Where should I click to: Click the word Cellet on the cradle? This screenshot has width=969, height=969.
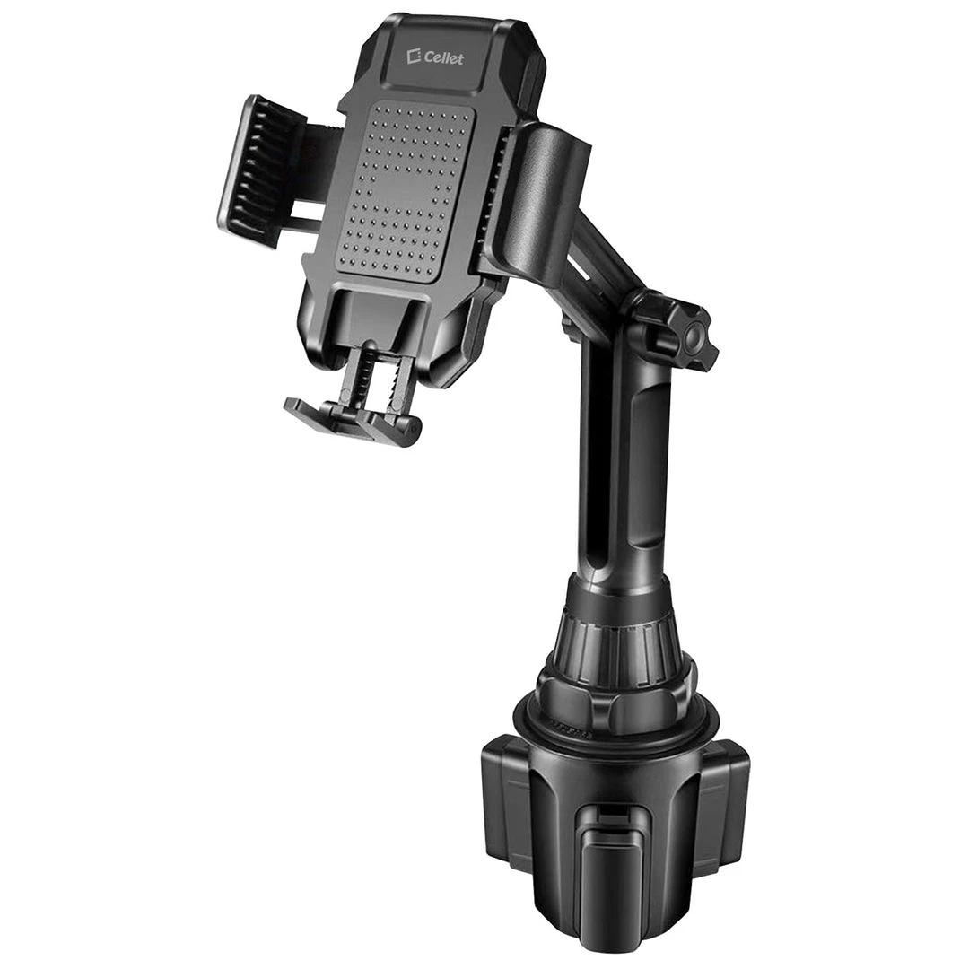point(444,58)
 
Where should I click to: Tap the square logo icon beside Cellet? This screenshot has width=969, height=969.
point(414,57)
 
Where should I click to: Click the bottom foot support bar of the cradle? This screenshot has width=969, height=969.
point(353,423)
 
